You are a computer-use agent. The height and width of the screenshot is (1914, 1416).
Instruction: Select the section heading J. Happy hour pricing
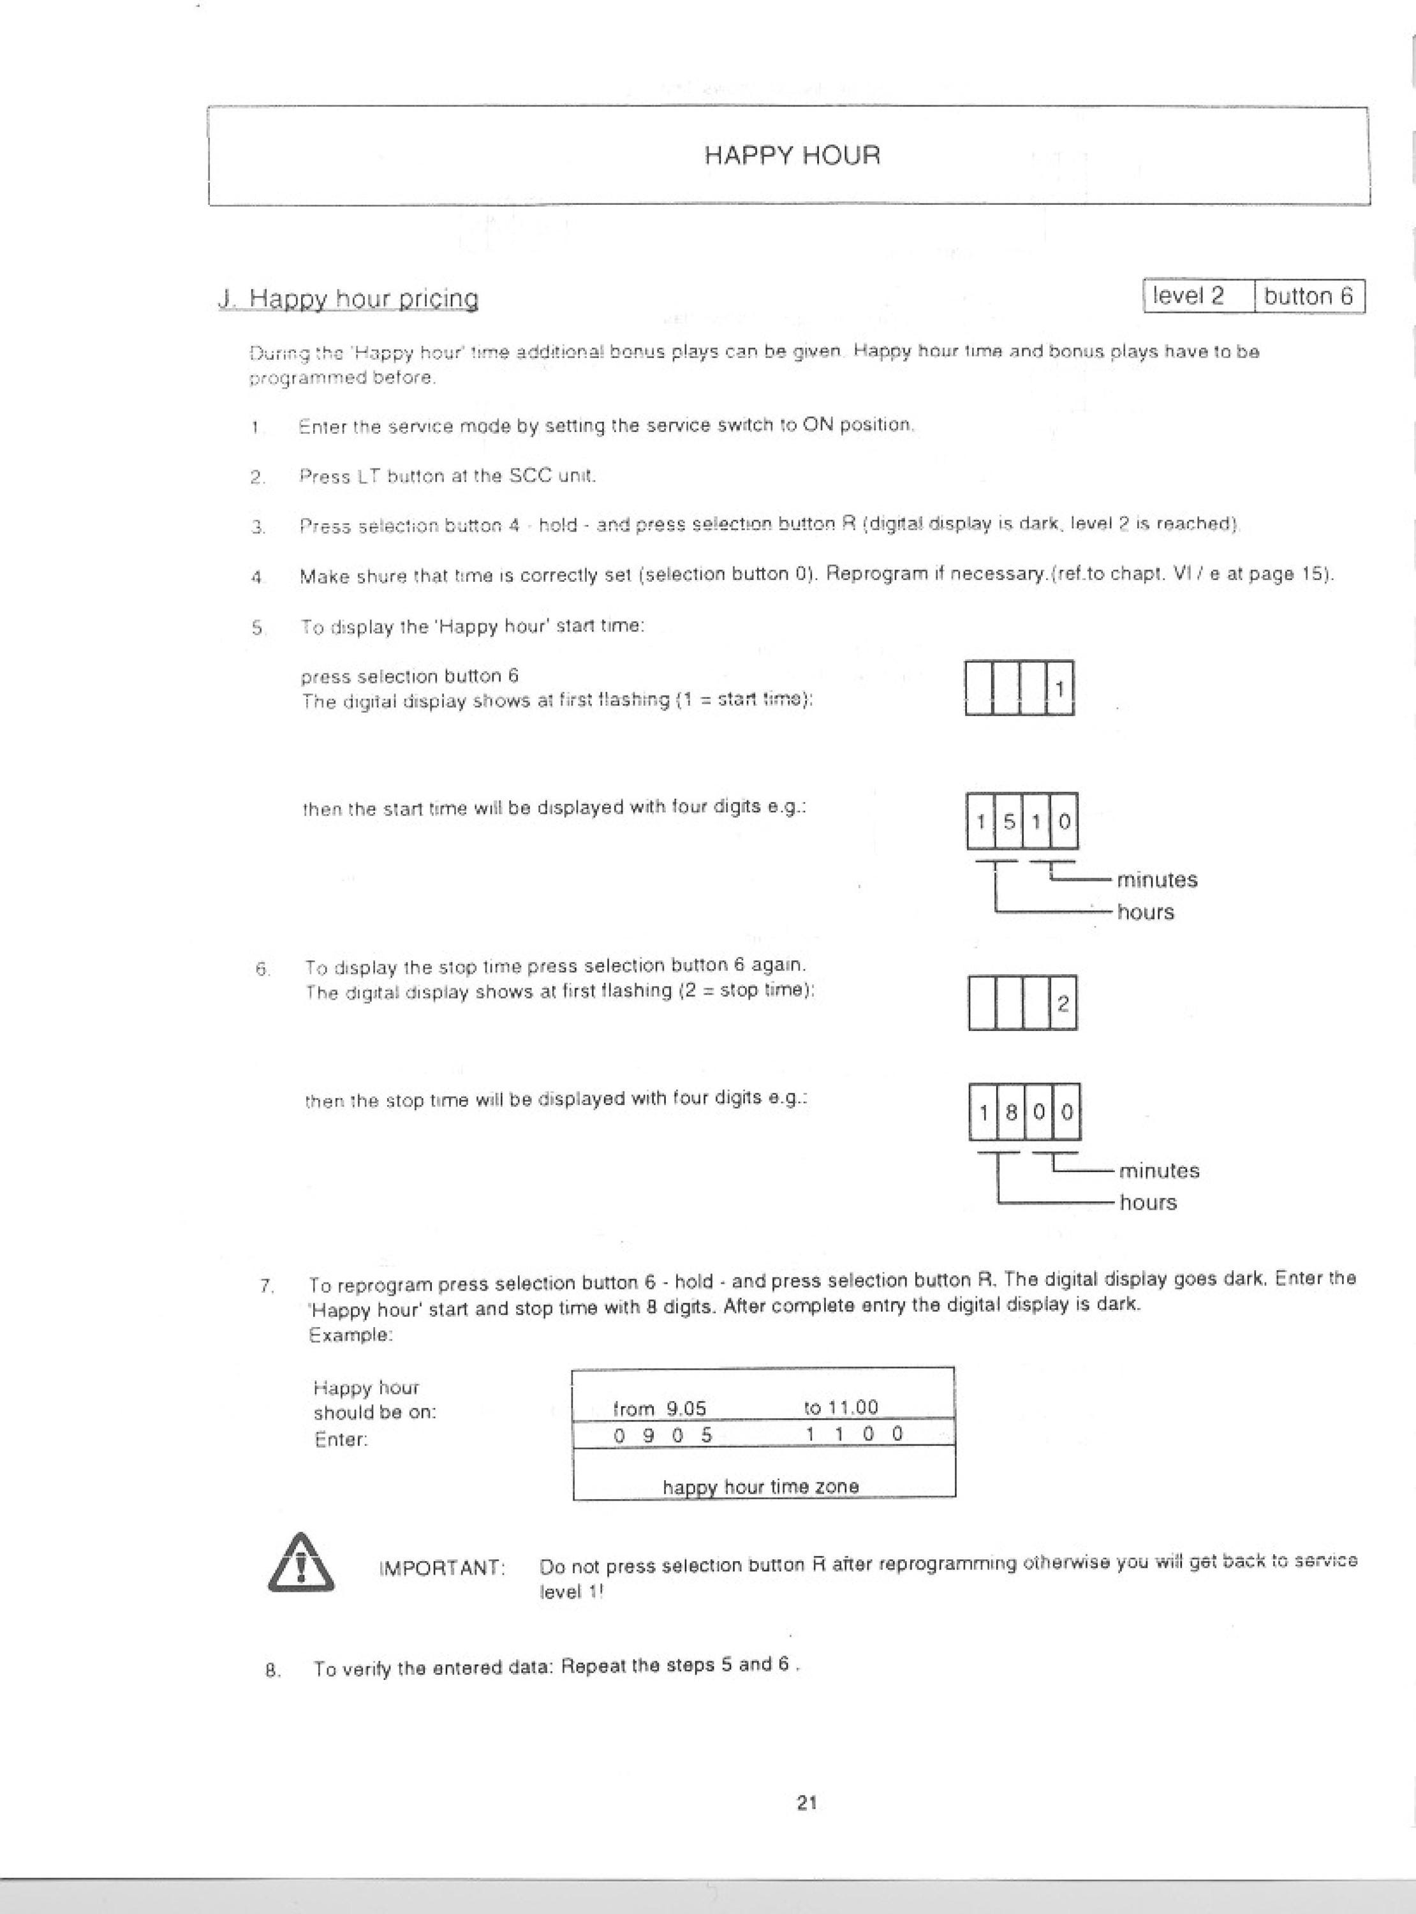(348, 299)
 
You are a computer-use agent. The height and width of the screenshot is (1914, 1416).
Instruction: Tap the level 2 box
(1198, 297)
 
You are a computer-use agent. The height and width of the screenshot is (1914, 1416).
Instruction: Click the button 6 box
(1309, 297)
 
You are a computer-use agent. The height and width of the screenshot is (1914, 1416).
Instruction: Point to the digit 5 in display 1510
(1009, 821)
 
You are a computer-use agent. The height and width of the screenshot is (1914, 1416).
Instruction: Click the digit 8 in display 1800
(1012, 1113)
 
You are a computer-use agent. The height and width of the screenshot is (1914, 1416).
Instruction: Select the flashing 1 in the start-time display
(1060, 687)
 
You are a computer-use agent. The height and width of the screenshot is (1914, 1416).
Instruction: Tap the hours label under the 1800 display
(1149, 1203)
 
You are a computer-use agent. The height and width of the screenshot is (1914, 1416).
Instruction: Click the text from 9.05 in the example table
(659, 1408)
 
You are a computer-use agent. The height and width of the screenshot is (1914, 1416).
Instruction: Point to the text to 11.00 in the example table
(842, 1407)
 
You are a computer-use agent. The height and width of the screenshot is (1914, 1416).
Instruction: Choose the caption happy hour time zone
(760, 1487)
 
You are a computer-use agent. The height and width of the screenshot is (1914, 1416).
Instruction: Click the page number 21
(807, 1802)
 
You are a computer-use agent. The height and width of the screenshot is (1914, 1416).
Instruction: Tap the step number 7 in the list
(267, 1286)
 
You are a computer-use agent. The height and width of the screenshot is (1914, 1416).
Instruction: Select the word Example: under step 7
(351, 1335)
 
